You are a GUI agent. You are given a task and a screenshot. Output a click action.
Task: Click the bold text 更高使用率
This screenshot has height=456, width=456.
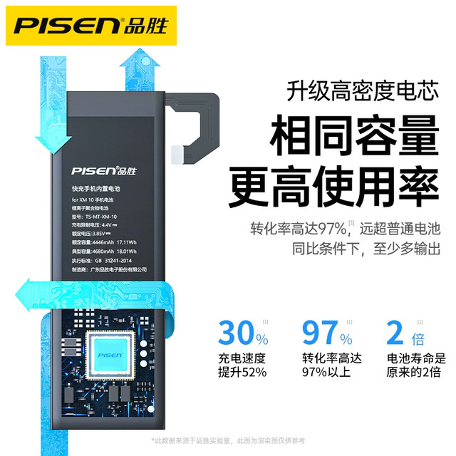[333, 185]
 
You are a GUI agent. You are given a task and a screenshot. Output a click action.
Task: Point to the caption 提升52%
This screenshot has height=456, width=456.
[243, 373]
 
